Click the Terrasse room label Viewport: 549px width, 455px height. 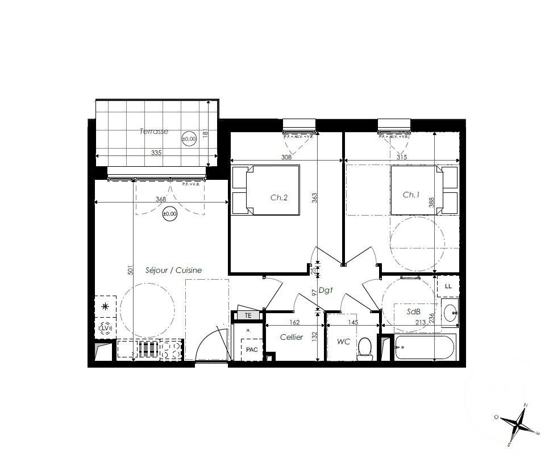coord(154,131)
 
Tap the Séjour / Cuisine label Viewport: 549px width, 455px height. coord(173,271)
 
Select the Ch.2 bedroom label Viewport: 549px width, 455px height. coord(279,197)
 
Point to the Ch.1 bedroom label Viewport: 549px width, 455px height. coord(411,195)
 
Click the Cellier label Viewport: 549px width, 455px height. coord(292,337)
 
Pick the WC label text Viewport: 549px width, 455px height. coord(343,342)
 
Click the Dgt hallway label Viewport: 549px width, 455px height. coord(325,290)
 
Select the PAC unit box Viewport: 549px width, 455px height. coord(252,349)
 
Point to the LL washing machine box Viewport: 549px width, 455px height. coord(448,286)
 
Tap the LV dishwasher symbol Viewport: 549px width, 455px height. coord(105,328)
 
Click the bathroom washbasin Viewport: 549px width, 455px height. coord(450,312)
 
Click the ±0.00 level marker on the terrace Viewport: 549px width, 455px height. coord(189,138)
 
